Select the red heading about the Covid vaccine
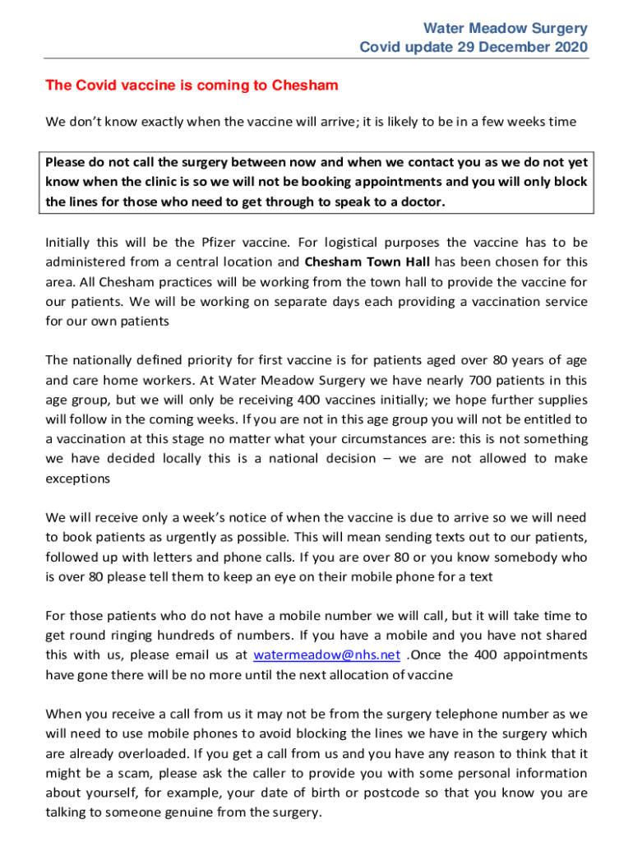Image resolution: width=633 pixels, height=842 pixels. coord(192,86)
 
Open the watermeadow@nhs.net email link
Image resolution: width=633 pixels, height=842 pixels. coord(327,655)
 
